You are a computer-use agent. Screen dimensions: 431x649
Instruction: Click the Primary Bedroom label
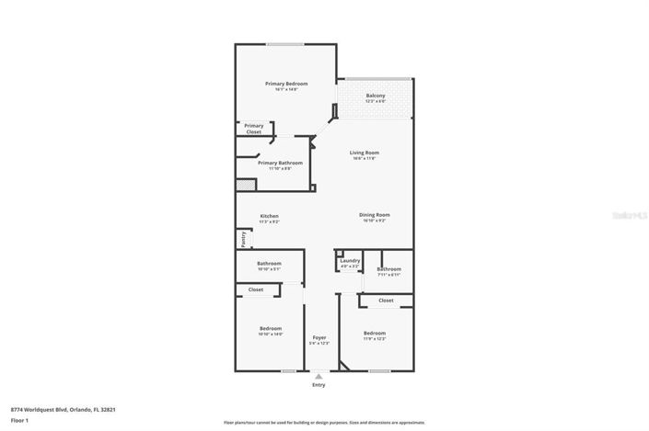286,84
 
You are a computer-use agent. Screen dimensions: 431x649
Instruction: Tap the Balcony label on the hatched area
376,96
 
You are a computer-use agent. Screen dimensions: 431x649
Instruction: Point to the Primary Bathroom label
280,163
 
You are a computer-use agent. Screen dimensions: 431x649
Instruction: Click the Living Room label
364,153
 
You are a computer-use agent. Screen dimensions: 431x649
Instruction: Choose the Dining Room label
375,214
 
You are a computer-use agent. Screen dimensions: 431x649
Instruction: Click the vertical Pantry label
243,239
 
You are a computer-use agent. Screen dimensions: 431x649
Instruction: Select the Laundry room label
350,261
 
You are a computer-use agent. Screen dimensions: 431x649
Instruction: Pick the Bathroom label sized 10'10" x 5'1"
269,264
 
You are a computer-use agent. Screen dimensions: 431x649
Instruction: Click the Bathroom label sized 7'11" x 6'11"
388,269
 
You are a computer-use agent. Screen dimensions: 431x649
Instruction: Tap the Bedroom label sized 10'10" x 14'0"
270,328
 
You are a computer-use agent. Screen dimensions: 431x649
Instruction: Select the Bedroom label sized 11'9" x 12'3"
374,333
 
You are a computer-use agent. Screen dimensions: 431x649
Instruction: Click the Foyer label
319,338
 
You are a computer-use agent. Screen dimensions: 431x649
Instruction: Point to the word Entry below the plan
319,385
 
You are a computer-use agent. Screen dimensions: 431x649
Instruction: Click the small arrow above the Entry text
319,377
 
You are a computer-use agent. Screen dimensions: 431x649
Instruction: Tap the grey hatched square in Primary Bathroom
244,185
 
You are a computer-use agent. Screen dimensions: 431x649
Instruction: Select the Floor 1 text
20,420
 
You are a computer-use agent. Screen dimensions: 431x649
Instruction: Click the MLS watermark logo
630,215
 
